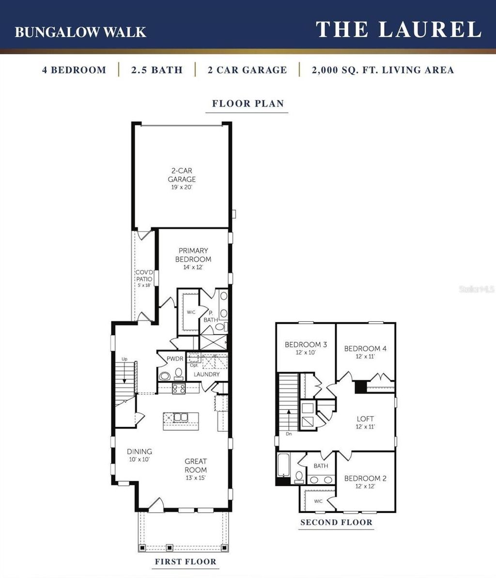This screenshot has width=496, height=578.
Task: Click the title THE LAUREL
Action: [398, 30]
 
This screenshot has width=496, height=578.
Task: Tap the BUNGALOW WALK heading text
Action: [80, 32]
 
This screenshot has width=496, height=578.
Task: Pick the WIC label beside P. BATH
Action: [191, 312]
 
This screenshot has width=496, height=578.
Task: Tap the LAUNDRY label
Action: [207, 375]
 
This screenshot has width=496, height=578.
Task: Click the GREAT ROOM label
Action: [196, 466]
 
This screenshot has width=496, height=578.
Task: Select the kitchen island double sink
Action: [179, 417]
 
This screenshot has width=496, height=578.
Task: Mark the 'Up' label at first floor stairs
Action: [124, 359]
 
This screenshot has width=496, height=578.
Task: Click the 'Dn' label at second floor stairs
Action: [289, 434]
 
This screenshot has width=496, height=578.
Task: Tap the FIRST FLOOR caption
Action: [185, 562]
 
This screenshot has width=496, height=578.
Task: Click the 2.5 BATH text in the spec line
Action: [156, 70]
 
